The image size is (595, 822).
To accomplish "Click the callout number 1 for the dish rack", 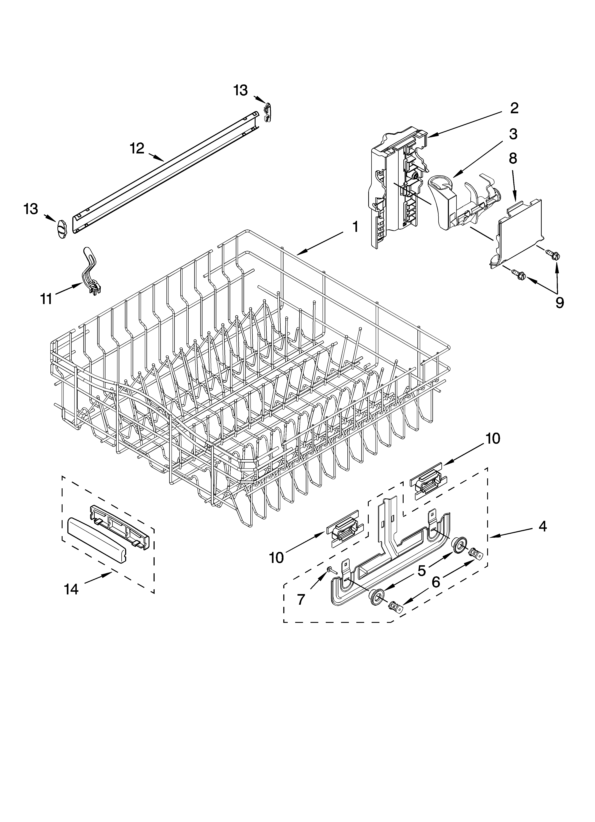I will (355, 227).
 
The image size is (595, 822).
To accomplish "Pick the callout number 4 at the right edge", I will (542, 526).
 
